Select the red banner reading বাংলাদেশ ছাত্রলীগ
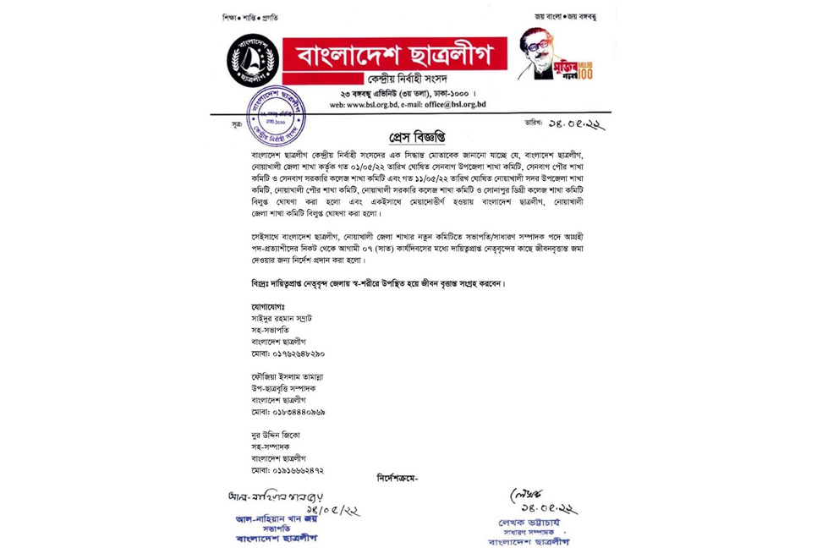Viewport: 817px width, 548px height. point(394,56)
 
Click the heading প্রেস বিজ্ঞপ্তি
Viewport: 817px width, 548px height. point(416,137)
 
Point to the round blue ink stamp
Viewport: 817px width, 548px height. point(276,115)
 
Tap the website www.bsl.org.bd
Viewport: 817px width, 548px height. point(358,104)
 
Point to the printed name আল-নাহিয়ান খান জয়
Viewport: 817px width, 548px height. point(271,518)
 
